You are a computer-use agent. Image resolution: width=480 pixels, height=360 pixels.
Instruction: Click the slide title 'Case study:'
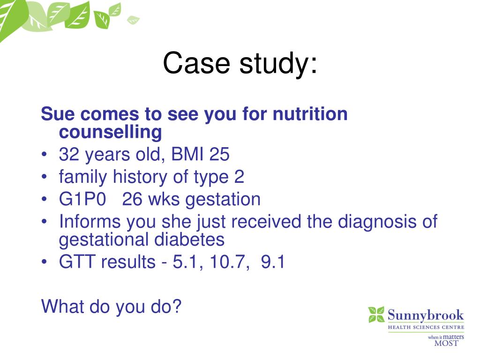240,63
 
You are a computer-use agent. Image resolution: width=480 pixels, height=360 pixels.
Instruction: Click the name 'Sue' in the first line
57,114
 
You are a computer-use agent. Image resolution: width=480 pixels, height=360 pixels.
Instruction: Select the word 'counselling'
110,133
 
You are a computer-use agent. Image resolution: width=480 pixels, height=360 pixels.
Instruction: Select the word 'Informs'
89,222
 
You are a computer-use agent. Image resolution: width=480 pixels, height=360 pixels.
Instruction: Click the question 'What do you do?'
111,307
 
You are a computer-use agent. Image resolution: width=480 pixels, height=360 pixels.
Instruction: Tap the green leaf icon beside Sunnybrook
376,314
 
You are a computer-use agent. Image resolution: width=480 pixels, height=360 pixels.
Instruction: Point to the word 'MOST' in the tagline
446,343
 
